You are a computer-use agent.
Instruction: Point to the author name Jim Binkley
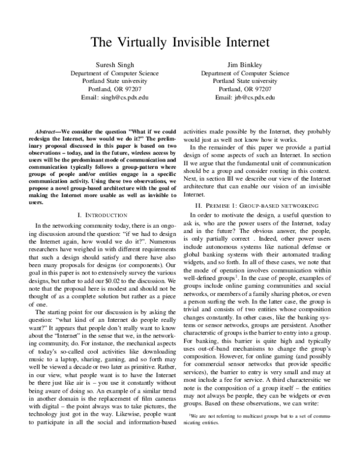click(245, 64)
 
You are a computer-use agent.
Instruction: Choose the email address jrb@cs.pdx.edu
click(245, 97)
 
